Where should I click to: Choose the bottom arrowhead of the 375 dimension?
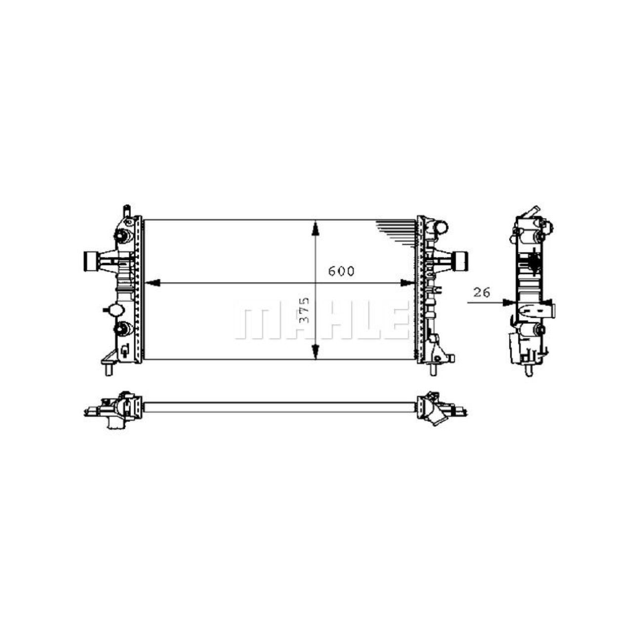pyautogui.click(x=315, y=352)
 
